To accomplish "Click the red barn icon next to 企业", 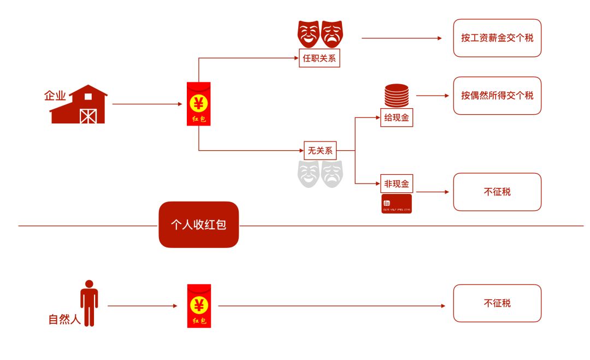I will pos(79,104).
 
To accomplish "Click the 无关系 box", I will pos(320,150).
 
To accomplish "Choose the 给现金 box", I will pos(397,118).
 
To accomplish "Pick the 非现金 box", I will pos(397,184).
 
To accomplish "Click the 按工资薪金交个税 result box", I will pos(497,38).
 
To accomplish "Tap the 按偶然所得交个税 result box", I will pos(497,96).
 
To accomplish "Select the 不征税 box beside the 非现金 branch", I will pos(497,192).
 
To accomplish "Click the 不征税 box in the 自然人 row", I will pos(497,303).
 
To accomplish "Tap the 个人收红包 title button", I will pos(199,225).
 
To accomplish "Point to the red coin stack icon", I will pos(397,96).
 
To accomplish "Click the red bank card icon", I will pos(397,203).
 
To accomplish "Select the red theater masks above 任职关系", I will pos(320,34).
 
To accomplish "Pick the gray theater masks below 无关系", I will pos(320,173).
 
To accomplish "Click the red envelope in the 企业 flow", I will pos(199,104).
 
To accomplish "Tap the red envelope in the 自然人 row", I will pos(199,306).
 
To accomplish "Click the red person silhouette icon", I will pos(89,303).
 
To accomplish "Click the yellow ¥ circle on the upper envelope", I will pos(199,102).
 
